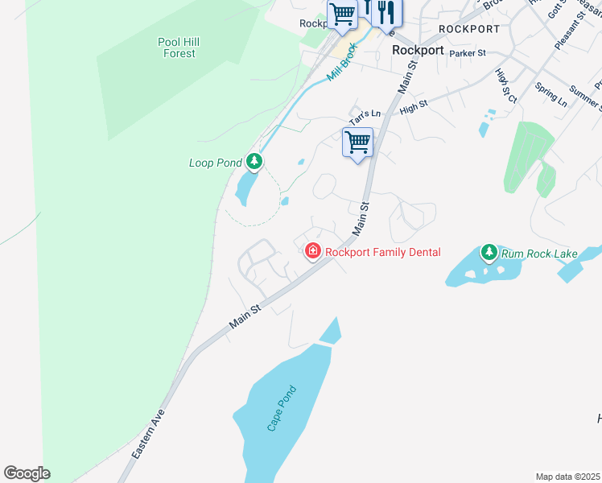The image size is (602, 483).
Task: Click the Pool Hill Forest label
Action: [x=178, y=47]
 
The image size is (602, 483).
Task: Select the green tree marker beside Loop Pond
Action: [x=254, y=163]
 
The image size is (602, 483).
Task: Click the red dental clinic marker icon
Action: [x=312, y=252]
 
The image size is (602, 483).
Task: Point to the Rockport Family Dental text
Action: [x=383, y=252]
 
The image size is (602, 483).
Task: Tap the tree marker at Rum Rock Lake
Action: [x=489, y=254]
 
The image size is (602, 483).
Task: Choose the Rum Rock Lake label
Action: [x=539, y=254]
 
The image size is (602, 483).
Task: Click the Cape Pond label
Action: [x=282, y=409]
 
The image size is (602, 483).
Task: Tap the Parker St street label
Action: [x=468, y=53]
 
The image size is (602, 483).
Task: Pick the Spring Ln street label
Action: [x=550, y=95]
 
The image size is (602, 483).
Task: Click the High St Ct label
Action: [x=506, y=85]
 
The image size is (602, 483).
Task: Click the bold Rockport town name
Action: [x=418, y=50]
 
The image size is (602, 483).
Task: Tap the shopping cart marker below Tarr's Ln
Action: [x=357, y=143]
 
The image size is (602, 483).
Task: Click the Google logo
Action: [x=27, y=473]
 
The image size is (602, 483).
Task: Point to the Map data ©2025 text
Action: [x=567, y=477]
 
